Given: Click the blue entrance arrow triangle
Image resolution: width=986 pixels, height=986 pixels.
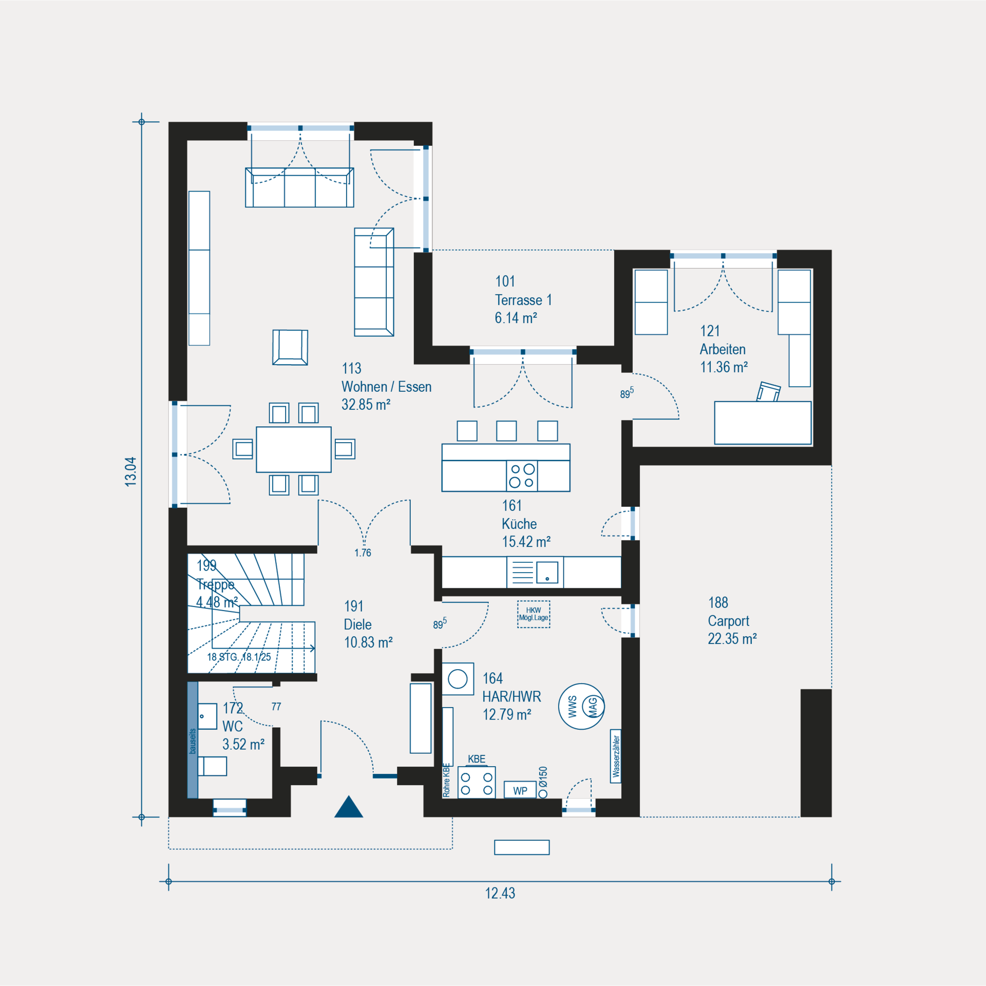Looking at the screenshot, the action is [x=349, y=807].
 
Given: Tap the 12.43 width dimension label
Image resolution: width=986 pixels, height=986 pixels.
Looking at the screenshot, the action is [x=500, y=894].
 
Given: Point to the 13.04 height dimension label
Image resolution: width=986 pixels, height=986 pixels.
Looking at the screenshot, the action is [x=130, y=471].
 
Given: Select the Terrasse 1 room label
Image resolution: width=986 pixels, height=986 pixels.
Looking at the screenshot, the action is [x=523, y=300].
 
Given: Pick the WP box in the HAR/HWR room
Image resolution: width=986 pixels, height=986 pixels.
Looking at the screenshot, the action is [x=520, y=790].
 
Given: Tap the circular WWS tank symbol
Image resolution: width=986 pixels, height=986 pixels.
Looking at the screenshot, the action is [x=581, y=706].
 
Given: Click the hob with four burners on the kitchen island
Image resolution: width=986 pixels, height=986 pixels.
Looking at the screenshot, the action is [x=522, y=476].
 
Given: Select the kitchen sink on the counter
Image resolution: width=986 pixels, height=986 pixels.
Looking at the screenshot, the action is [x=547, y=572].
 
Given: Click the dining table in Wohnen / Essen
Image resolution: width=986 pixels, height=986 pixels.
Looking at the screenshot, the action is [x=294, y=449].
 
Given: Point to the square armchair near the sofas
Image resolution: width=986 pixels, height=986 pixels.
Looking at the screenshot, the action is [x=290, y=348].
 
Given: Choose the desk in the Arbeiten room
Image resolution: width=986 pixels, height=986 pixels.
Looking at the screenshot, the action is [x=763, y=423].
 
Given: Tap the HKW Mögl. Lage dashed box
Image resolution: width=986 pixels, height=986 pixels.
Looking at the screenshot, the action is [x=534, y=614].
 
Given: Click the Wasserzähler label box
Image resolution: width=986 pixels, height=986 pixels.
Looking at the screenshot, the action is [x=616, y=756].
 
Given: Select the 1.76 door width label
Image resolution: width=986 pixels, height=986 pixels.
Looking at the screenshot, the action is [x=363, y=553].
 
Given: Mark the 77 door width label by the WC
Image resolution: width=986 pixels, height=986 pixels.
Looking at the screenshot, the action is [x=276, y=707].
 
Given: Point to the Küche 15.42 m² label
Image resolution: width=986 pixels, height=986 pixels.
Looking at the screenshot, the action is [x=526, y=524].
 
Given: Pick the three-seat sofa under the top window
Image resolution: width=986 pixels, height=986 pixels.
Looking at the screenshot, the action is [x=299, y=187].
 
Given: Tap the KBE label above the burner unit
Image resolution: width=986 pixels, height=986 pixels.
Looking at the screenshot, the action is [x=477, y=759].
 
